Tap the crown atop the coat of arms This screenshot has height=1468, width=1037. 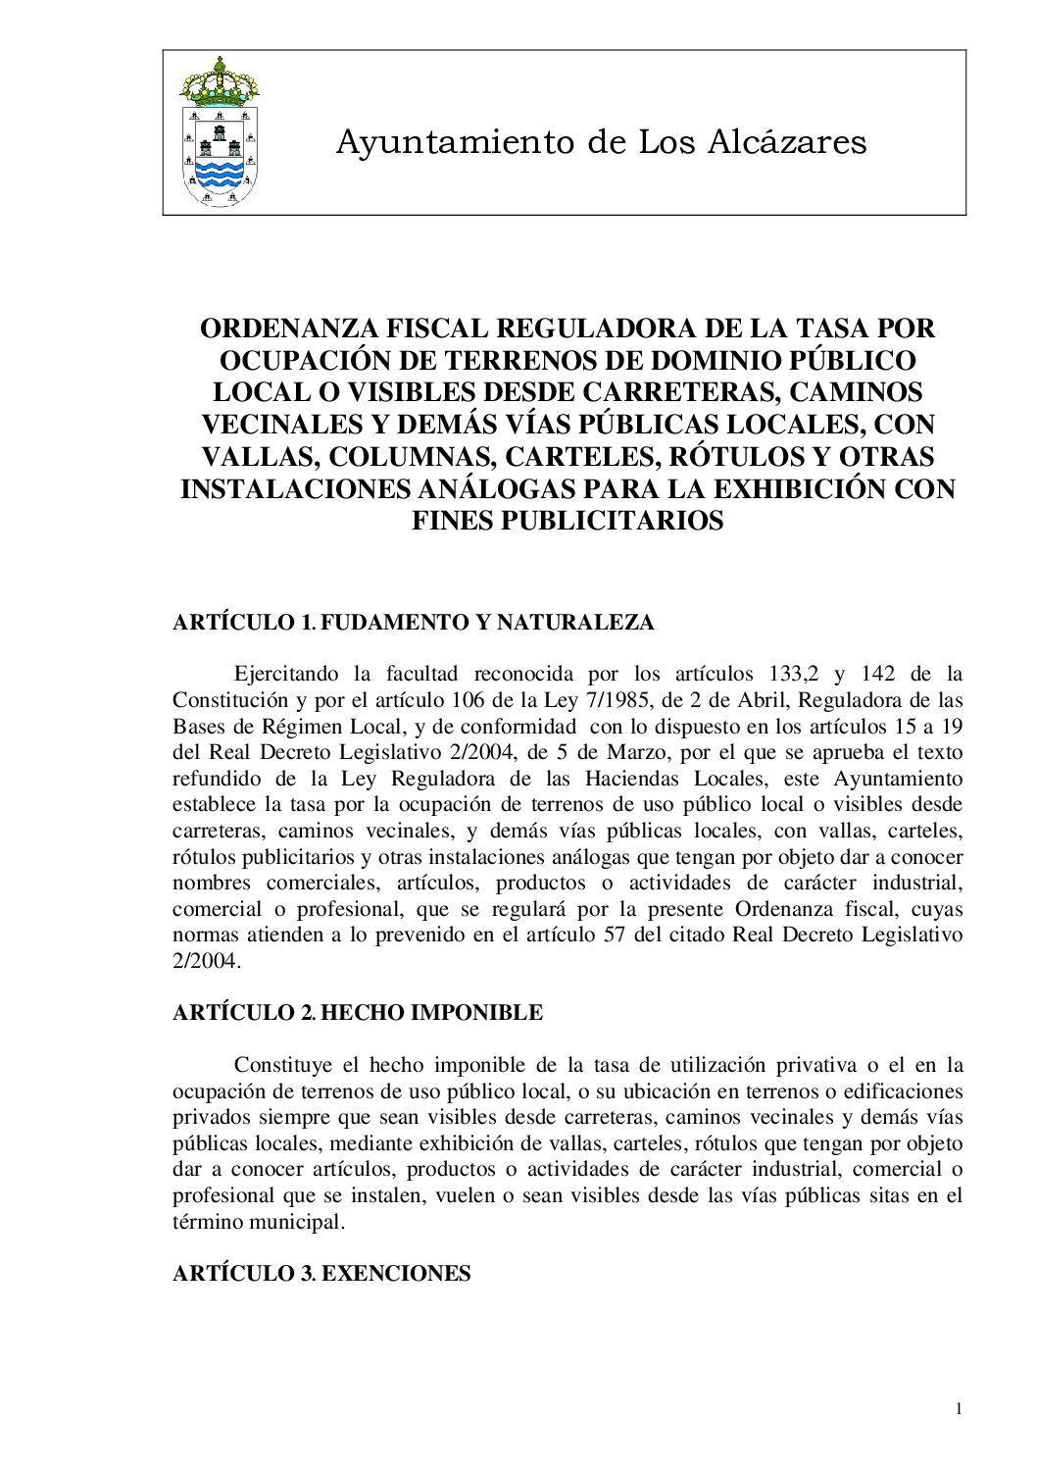tap(220, 80)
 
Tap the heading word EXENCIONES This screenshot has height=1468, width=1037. tap(396, 1274)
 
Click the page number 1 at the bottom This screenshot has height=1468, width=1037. tap(959, 1410)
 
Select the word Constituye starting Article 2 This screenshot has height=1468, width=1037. tap(282, 1065)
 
